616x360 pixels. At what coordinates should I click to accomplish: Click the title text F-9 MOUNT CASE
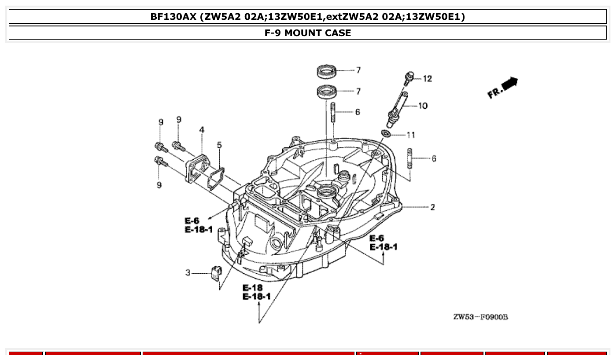click(x=308, y=33)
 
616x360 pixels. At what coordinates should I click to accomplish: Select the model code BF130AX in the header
click(x=173, y=17)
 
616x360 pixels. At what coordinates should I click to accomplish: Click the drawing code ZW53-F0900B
click(x=480, y=317)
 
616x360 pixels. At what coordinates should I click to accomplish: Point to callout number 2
click(x=432, y=207)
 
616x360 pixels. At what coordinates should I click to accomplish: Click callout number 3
click(x=188, y=273)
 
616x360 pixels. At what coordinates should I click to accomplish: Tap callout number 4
click(x=202, y=130)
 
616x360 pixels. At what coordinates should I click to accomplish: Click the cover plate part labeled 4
click(x=196, y=169)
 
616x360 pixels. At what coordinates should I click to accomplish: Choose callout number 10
click(x=423, y=106)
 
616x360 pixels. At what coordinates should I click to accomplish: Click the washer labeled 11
click(x=386, y=133)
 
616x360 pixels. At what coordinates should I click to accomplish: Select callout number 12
click(x=427, y=79)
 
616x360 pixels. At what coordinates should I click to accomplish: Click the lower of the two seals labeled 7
click(x=327, y=92)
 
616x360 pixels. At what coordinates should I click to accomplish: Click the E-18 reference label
click(x=253, y=288)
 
